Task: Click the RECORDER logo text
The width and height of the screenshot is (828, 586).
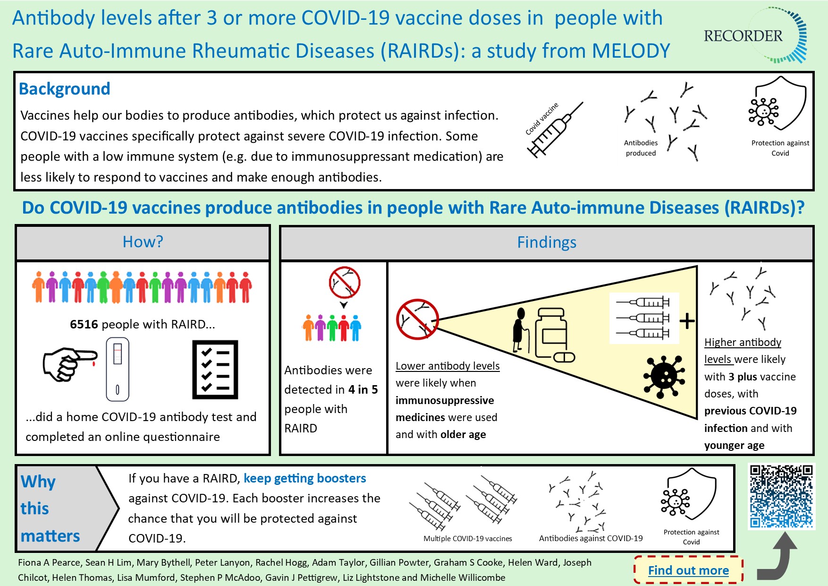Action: click(743, 36)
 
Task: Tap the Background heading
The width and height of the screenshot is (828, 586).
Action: click(65, 89)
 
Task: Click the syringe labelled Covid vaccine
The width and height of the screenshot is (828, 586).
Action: click(554, 130)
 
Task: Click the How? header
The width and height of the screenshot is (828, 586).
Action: click(143, 242)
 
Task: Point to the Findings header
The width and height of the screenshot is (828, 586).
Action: click(547, 242)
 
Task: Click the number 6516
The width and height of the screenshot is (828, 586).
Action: click(84, 324)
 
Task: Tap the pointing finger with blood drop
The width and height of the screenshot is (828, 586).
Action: click(69, 364)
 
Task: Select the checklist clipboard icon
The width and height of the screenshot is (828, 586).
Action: click(215, 370)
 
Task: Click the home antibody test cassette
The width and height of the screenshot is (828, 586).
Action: click(118, 369)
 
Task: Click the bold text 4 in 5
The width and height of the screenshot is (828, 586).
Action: click(363, 389)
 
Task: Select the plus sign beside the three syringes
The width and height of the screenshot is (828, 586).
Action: click(687, 321)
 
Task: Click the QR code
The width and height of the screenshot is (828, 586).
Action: click(782, 496)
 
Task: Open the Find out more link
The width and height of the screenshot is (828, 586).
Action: click(688, 570)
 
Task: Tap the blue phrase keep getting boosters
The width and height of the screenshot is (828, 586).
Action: click(304, 478)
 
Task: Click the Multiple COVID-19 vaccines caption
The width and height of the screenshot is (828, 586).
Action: click(467, 538)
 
